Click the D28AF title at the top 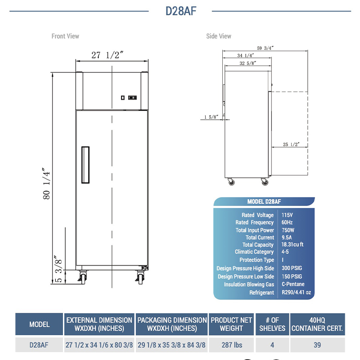point(181,11)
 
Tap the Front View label point(65,36)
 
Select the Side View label point(219,36)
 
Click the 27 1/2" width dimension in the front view point(107,55)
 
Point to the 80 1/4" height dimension point(46,184)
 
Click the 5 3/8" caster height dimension point(58,269)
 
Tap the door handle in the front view point(85,165)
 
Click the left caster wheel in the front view point(83,277)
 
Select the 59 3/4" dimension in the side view point(265,48)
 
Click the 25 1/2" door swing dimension point(291,144)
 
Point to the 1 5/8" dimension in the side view point(211,117)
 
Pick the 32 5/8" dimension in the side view point(248,63)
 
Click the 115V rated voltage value point(287,215)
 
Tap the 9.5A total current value point(287,238)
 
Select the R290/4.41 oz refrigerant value point(296,292)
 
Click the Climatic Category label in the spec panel point(254,252)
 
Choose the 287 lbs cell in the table point(232,345)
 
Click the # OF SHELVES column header point(272,324)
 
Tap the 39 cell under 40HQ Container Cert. point(317,345)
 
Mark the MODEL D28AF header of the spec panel point(264,202)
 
